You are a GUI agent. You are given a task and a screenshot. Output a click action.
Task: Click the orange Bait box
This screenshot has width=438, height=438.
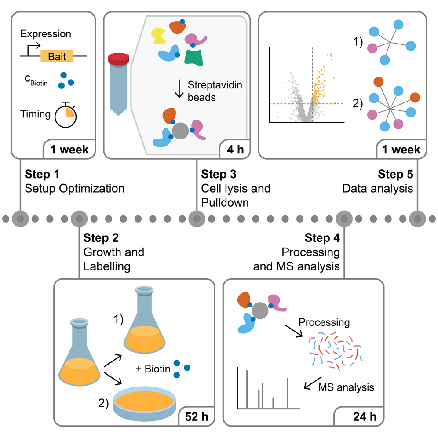(x=57, y=56)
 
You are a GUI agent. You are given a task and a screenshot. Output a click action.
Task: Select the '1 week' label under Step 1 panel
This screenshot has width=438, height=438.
(x=69, y=150)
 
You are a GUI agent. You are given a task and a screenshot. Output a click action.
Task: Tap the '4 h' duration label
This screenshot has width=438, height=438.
(x=235, y=150)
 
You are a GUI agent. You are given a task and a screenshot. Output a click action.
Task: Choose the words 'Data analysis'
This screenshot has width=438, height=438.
(x=378, y=189)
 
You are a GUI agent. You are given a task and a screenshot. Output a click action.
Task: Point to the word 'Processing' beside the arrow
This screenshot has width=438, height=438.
(x=324, y=322)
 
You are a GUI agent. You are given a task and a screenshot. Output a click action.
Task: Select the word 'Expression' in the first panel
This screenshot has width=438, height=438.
(x=46, y=34)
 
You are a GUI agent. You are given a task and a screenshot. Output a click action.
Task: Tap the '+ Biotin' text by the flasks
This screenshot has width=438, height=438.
(x=153, y=369)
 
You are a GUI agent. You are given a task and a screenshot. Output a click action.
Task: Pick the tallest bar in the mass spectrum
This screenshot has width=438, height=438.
(x=247, y=389)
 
